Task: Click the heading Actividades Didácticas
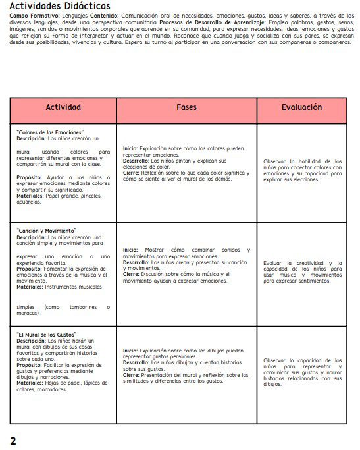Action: pos(63,7)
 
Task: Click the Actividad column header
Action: pos(63,107)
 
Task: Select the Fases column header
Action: pos(186,107)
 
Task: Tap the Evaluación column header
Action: pos(301,107)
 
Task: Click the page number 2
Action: pos(13,440)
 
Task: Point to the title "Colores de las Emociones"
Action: pos(50,133)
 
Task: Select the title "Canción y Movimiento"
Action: pos(46,231)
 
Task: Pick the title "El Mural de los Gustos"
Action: pos(47,335)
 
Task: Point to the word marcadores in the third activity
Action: pos(51,389)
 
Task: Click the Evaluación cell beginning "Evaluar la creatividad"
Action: pos(302,271)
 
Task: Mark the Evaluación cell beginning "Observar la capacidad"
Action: pos(302,372)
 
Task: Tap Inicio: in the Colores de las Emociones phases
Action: pos(130,149)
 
